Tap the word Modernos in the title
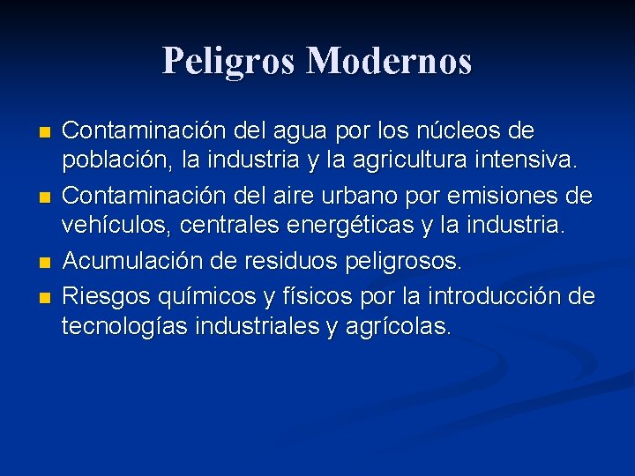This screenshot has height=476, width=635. [389, 61]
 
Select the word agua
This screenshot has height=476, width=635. [298, 131]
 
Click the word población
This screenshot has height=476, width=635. [109, 160]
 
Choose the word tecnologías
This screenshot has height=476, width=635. [122, 326]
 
